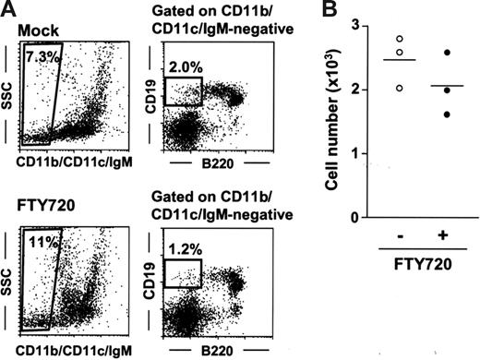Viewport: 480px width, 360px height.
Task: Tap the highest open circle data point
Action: [x=399, y=40]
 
